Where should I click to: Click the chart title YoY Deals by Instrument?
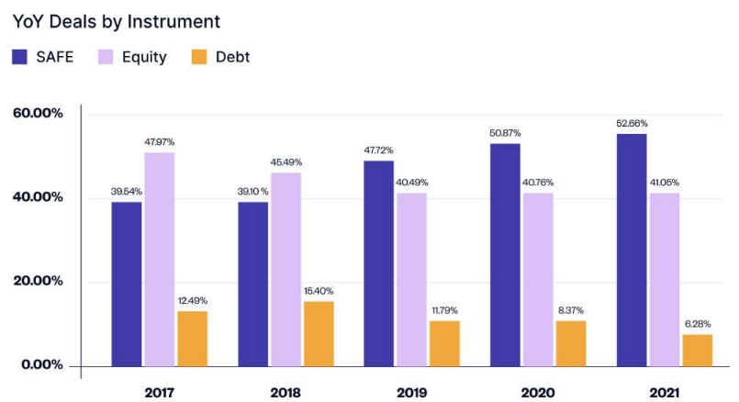116,22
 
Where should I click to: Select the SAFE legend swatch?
20,57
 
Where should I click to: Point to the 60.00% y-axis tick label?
38,113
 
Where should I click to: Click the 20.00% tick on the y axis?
38,281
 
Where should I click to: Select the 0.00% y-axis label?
42,364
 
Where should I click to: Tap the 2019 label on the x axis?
412,393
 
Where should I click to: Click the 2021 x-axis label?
665,393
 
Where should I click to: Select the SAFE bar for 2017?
127,285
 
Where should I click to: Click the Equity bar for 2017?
160,260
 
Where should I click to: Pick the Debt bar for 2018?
319,334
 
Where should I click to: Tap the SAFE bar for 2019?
379,264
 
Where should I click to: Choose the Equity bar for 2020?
538,280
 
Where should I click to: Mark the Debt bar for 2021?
698,351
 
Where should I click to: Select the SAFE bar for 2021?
632,251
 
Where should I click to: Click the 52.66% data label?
632,124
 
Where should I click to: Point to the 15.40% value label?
319,291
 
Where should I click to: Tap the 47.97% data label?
160,142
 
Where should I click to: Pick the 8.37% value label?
571,310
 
